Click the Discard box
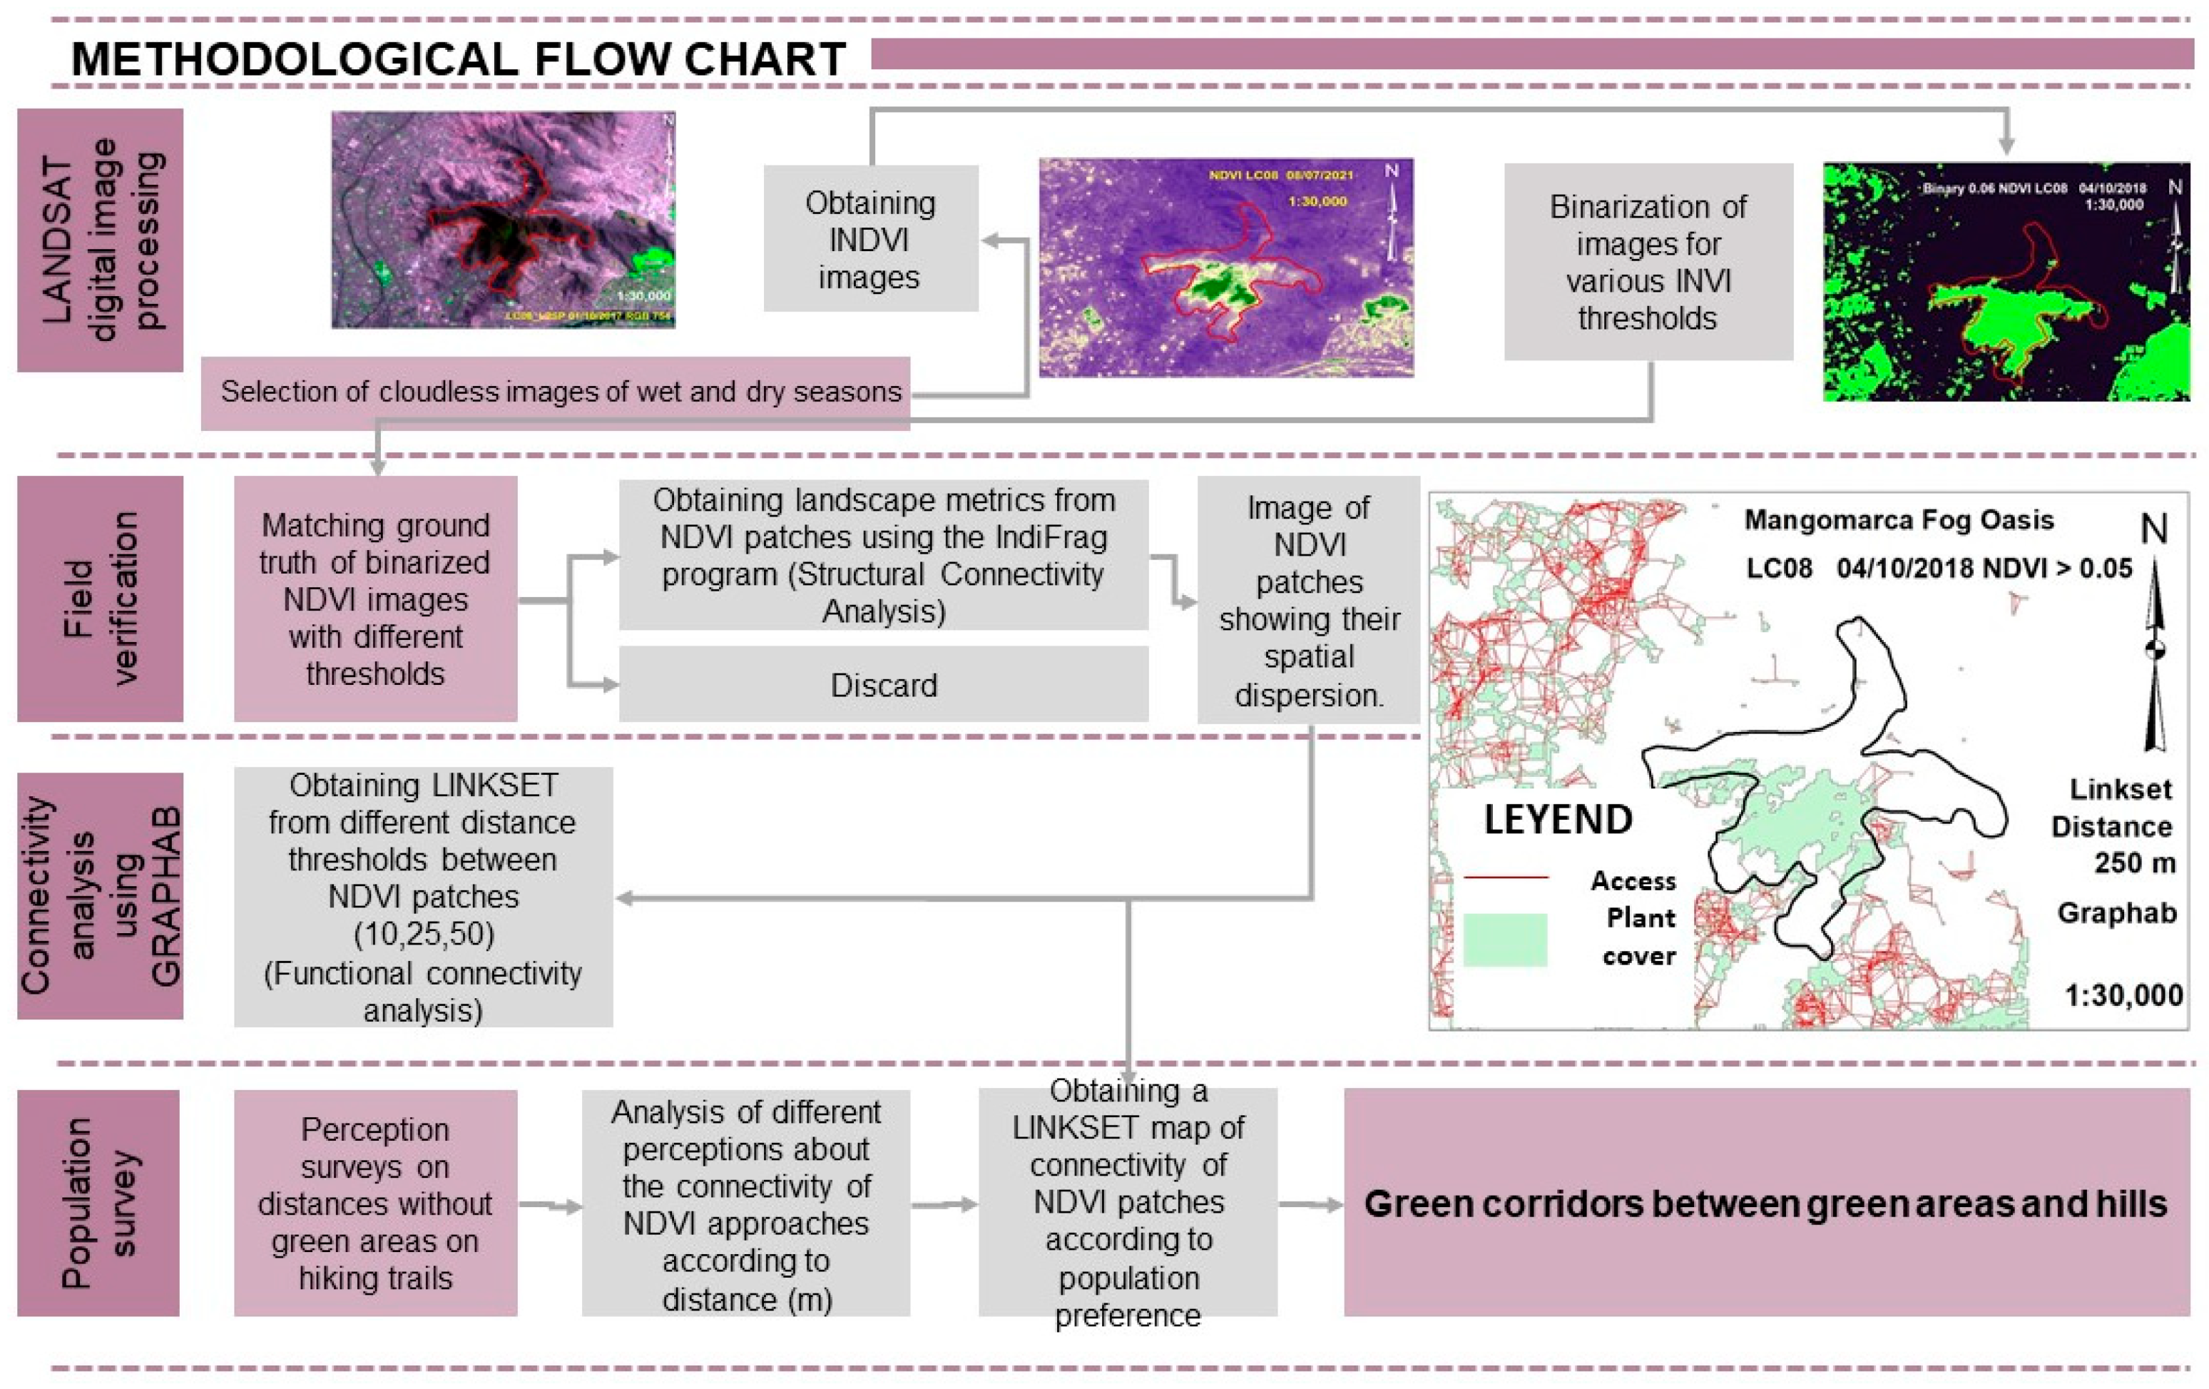pyautogui.click(x=884, y=684)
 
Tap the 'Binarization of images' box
pyautogui.click(x=1648, y=262)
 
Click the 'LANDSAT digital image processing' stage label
pyautogui.click(x=100, y=240)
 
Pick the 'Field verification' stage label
pyautogui.click(x=100, y=598)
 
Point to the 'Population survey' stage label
pyautogui.click(x=98, y=1203)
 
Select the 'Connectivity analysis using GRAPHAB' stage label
pyautogui.click(x=100, y=895)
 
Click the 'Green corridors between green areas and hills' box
pyautogui.click(x=1766, y=1203)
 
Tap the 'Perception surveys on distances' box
pyautogui.click(x=375, y=1203)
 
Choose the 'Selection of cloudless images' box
pyautogui.click(x=556, y=392)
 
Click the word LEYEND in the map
pyautogui.click(x=1558, y=819)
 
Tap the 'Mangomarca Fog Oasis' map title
pyautogui.click(x=1898, y=520)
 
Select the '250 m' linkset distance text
pyautogui.click(x=2134, y=863)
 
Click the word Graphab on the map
pyautogui.click(x=2116, y=913)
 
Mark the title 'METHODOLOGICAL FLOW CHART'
pyautogui.click(x=459, y=60)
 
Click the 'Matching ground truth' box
pyautogui.click(x=375, y=598)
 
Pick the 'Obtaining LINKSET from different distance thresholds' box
pyautogui.click(x=423, y=896)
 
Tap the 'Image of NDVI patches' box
pyautogui.click(x=1308, y=600)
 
